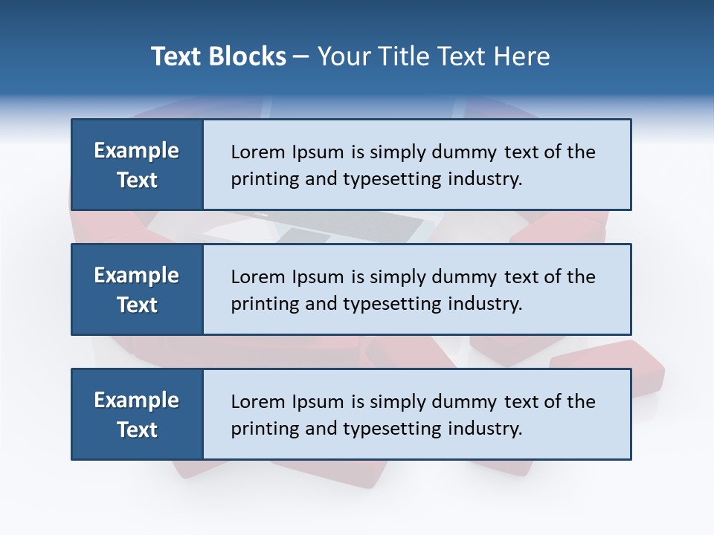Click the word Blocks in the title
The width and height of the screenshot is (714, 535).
click(x=249, y=56)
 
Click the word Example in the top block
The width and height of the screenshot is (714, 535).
click(x=137, y=151)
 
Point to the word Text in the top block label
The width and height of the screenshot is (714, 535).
click(x=137, y=180)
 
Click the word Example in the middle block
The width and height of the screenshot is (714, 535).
click(x=137, y=276)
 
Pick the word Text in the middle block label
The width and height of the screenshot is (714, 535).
click(x=137, y=305)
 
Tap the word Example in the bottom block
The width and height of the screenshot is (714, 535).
click(x=137, y=401)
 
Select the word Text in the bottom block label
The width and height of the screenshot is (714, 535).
click(x=137, y=429)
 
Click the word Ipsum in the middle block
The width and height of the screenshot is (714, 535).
click(x=315, y=277)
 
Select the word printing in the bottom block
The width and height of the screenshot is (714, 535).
click(x=260, y=429)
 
